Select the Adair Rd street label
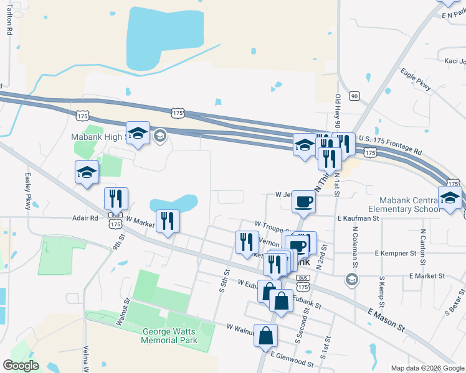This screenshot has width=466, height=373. click(x=85, y=219)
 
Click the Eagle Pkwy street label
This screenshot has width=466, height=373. click(x=416, y=80)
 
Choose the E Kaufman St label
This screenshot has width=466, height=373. click(x=358, y=219)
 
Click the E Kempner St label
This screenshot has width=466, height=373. click(x=396, y=254)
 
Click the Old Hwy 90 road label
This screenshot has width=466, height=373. click(x=337, y=112)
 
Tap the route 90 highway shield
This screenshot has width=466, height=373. click(x=354, y=96)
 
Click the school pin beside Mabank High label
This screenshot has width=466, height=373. click(x=138, y=134)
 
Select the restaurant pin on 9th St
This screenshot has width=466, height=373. click(x=116, y=199)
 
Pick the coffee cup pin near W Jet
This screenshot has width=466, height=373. click(x=303, y=201)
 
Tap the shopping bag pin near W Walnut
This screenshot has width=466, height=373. click(x=266, y=336)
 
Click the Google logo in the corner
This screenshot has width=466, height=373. click(x=21, y=366)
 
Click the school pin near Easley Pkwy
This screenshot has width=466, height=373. click(x=87, y=173)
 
